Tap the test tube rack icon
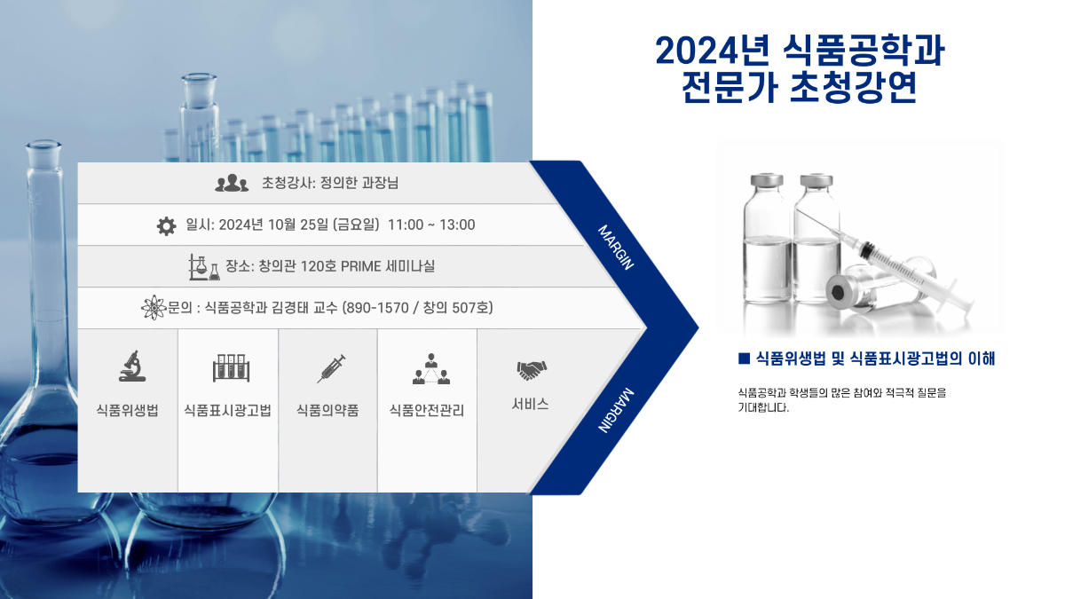(231, 368)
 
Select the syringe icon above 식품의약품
(331, 368)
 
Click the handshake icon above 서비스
(532, 370)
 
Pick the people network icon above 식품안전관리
(431, 369)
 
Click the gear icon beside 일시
(167, 226)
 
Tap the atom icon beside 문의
(154, 308)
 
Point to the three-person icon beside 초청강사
(232, 183)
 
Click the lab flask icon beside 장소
(204, 267)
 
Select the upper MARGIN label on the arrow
(616, 248)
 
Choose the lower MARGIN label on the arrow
(616, 411)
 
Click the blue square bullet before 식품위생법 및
(744, 359)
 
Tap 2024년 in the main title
(712, 51)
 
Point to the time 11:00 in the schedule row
(406, 225)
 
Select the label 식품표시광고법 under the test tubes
(228, 410)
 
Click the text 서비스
(530, 404)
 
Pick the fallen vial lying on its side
(880, 288)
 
